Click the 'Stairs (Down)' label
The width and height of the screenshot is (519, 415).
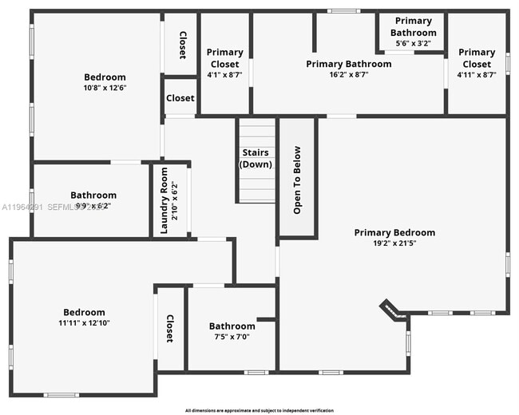tap(256, 158)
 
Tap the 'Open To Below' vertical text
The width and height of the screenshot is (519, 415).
tap(297, 180)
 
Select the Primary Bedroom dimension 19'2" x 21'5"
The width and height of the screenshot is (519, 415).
tap(395, 243)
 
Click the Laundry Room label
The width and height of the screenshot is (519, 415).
tap(164, 200)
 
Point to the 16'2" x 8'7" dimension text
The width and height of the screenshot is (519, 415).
tap(349, 73)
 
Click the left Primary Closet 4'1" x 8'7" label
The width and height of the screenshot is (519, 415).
tap(224, 58)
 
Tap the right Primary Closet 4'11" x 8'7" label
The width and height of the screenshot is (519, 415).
tap(477, 63)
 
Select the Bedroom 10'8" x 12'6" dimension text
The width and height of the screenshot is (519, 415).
tap(105, 88)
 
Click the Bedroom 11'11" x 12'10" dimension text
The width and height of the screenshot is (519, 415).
tap(84, 323)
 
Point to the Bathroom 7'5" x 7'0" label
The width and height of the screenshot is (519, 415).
tap(232, 331)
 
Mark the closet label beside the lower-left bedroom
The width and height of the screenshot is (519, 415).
tap(169, 328)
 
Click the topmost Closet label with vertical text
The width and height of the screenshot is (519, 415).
tap(182, 45)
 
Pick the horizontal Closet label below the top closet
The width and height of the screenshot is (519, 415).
tap(180, 98)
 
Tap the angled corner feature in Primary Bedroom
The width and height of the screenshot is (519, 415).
tap(391, 310)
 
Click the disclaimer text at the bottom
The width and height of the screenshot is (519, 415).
tap(259, 410)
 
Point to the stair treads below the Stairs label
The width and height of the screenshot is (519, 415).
tap(256, 188)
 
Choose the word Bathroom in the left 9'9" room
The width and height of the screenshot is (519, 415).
tap(93, 195)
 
